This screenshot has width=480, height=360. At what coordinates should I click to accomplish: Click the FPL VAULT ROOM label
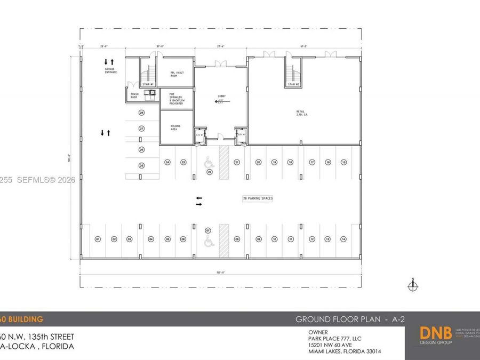pos(177,74)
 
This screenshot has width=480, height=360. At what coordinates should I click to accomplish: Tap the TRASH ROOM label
pos(134,97)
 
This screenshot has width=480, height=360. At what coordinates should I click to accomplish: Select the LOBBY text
pos(221,97)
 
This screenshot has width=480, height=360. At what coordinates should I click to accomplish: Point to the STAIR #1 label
pos(148,84)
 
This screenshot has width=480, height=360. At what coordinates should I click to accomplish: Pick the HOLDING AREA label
pos(175,127)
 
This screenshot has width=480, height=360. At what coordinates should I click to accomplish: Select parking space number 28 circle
pos(141,113)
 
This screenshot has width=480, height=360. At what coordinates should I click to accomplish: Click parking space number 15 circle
pos(344,162)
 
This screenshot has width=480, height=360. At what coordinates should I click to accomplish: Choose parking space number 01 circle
pos(98,239)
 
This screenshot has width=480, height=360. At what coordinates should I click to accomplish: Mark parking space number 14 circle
pos(344,239)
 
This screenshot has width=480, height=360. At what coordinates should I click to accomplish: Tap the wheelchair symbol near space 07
pos(209,242)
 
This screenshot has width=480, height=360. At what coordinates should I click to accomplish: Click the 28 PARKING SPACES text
pos(258,198)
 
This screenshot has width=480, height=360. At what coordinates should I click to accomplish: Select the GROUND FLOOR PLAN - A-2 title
pos(350,319)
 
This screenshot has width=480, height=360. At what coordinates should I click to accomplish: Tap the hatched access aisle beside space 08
pos(223,235)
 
